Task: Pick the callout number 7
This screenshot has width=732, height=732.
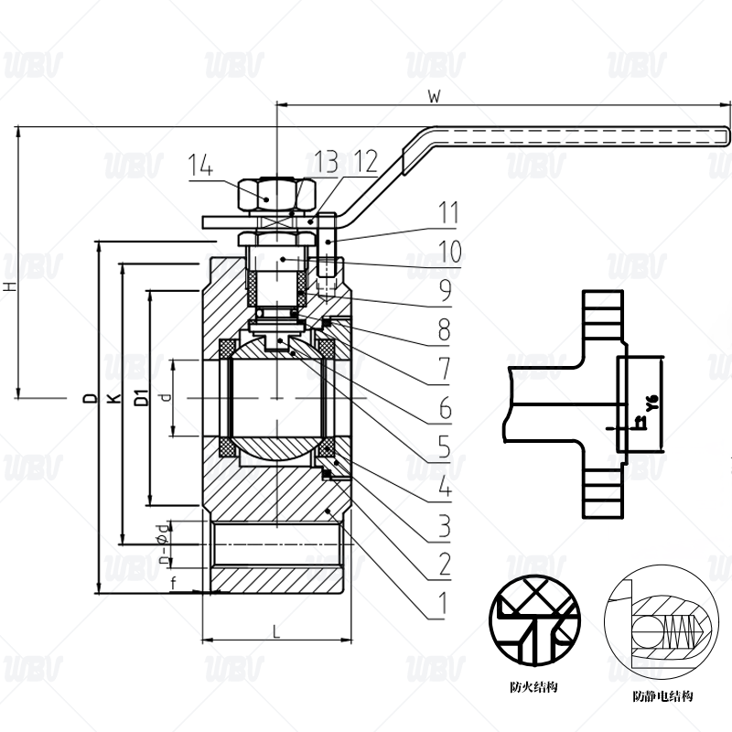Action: (444, 369)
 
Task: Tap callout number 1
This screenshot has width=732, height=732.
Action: (442, 603)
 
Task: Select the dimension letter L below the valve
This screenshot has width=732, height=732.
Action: (275, 629)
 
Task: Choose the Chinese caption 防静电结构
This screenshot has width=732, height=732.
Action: (662, 696)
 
